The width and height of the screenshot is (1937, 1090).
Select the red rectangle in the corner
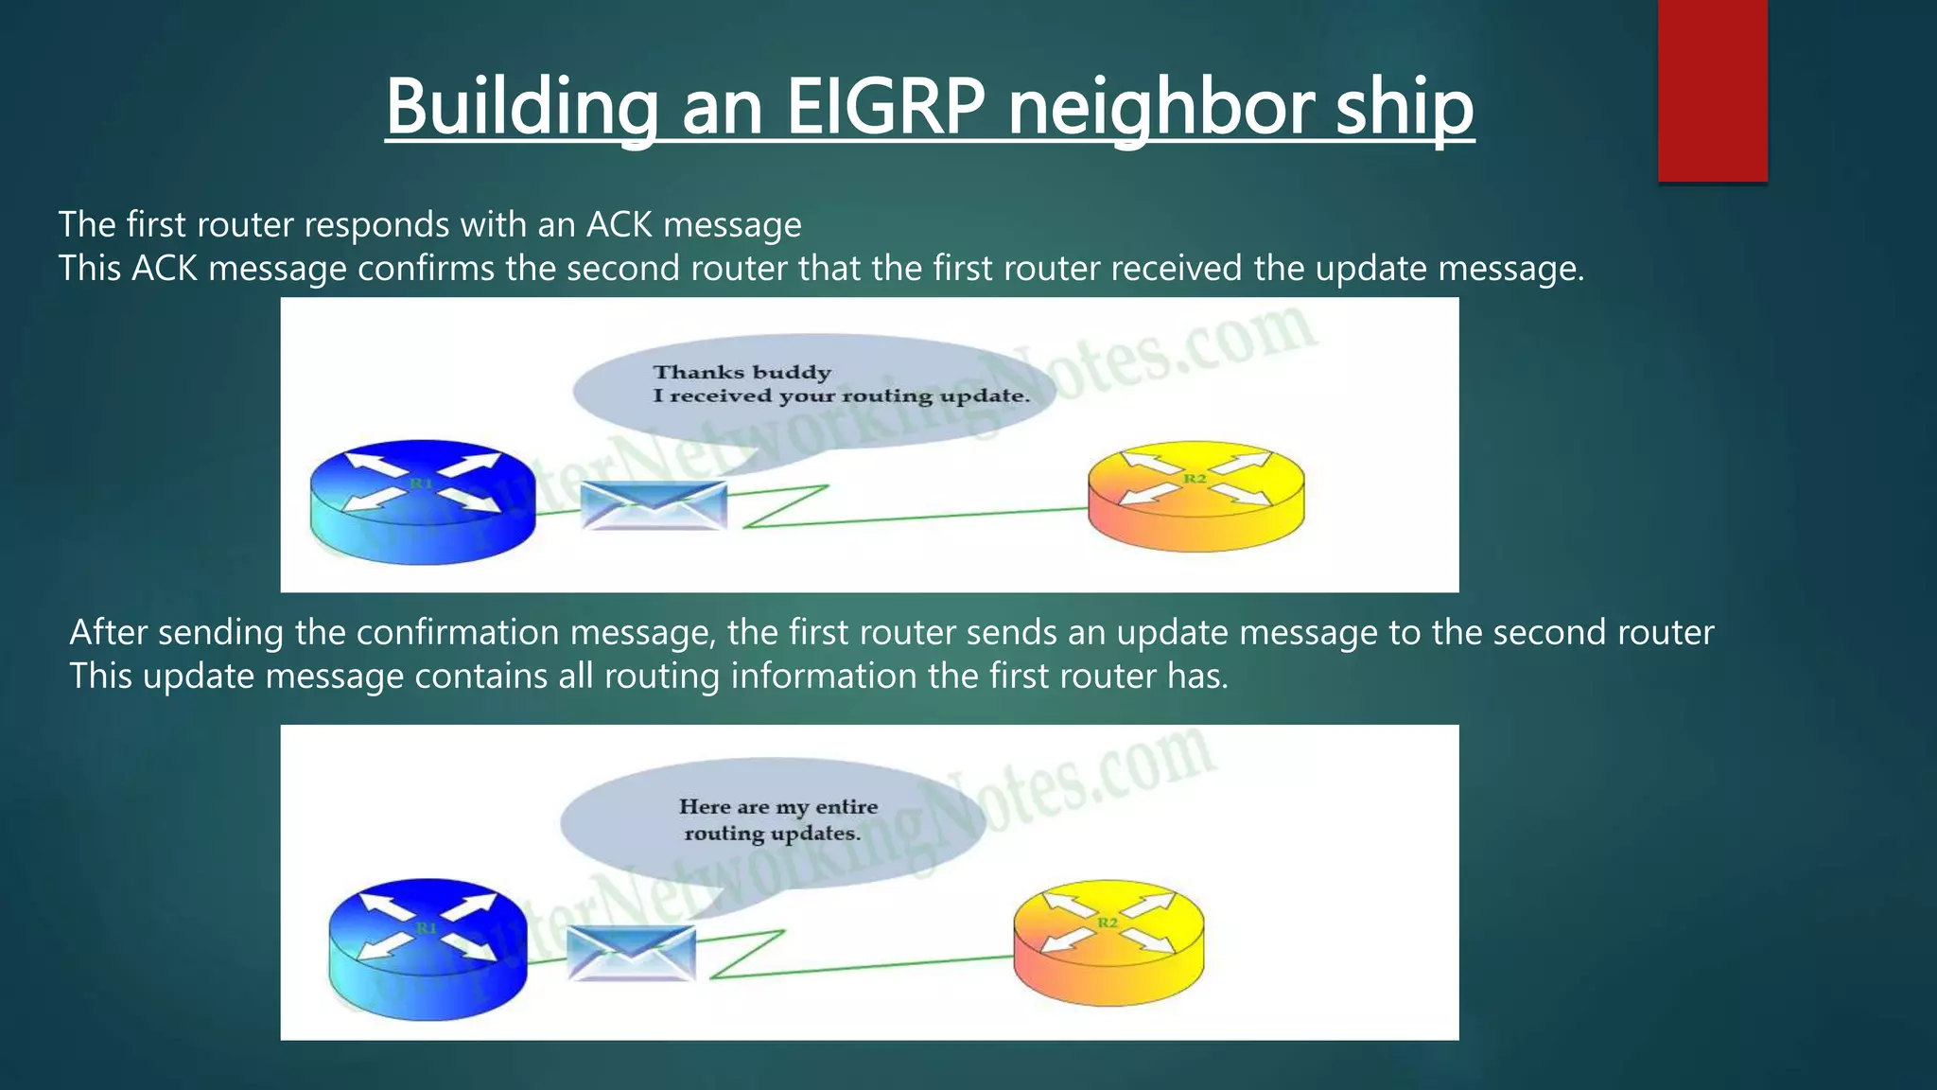click(1712, 90)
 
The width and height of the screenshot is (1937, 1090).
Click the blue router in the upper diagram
click(423, 501)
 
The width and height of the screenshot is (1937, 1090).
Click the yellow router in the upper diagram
click(1195, 496)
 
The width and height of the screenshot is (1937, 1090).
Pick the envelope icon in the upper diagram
click(654, 505)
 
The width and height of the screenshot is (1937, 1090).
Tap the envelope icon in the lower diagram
click(631, 952)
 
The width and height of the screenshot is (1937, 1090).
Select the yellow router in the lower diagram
click(1108, 941)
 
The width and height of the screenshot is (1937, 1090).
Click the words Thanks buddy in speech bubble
click(742, 373)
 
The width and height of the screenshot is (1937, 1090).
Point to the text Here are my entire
click(777, 807)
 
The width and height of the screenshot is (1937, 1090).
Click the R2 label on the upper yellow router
click(1195, 479)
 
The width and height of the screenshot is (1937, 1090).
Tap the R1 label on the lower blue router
click(427, 928)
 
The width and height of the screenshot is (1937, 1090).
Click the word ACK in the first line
click(619, 225)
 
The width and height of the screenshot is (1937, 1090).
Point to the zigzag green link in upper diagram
click(785, 507)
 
